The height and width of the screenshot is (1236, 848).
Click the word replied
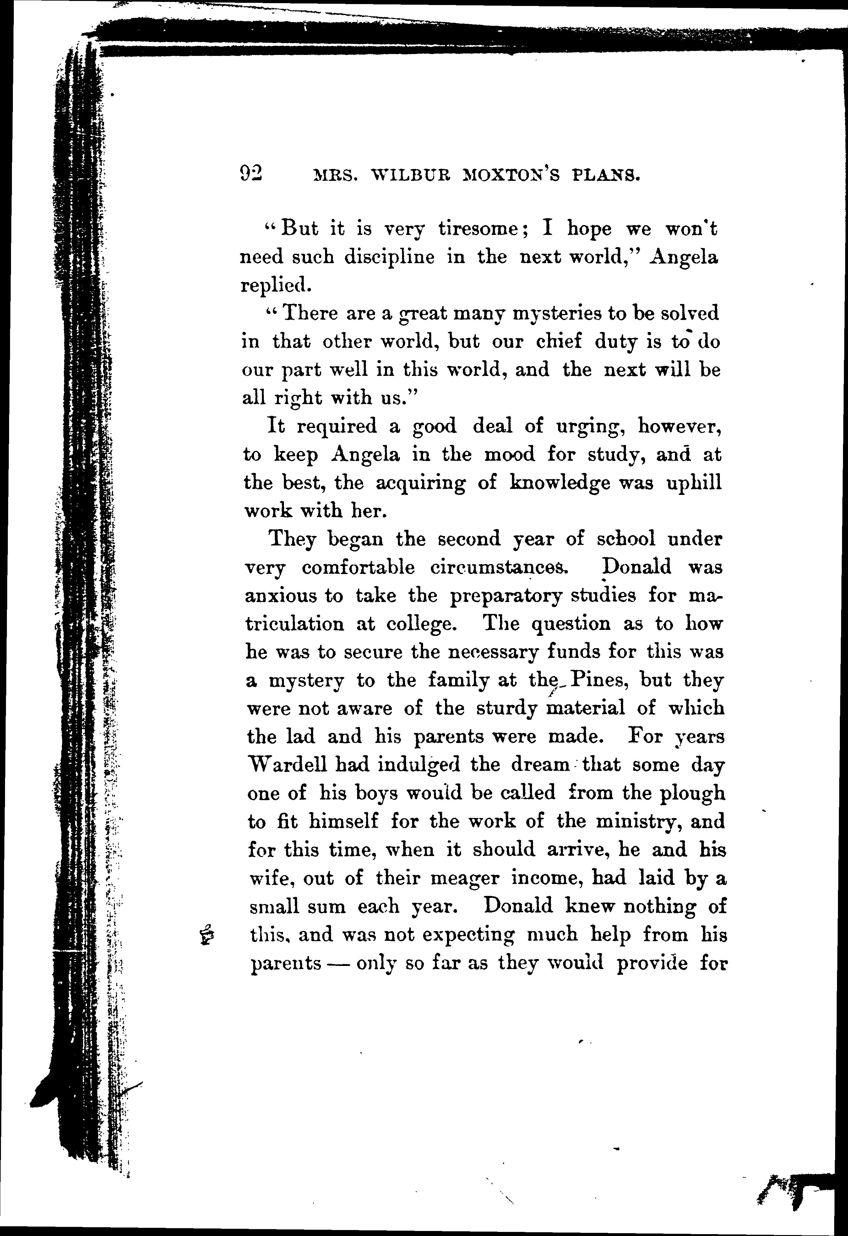tap(275, 286)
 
